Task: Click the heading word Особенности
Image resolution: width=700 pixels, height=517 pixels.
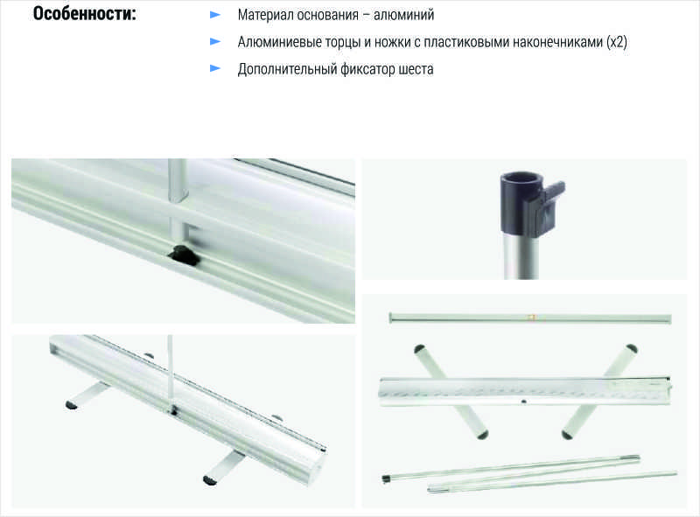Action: pyautogui.click(x=84, y=13)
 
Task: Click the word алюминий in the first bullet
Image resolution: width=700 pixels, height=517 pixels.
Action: pyautogui.click(x=403, y=15)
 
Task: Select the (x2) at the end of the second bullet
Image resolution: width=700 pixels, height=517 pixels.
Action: pyautogui.click(x=617, y=42)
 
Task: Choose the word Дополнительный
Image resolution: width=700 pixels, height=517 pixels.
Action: pyautogui.click(x=287, y=69)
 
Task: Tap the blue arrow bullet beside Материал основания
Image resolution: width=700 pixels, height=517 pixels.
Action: pyautogui.click(x=215, y=15)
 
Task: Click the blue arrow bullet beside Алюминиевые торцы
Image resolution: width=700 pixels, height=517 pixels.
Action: pyautogui.click(x=215, y=41)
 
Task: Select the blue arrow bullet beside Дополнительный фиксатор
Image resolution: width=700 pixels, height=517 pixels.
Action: pyautogui.click(x=215, y=68)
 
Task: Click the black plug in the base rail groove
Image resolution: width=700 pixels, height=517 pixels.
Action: pyautogui.click(x=183, y=255)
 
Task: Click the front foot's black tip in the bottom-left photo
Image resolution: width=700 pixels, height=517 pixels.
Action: pyautogui.click(x=210, y=480)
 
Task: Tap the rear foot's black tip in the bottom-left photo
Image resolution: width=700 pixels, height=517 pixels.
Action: pyautogui.click(x=72, y=405)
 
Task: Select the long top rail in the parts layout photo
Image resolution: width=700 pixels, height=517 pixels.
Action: pyautogui.click(x=530, y=318)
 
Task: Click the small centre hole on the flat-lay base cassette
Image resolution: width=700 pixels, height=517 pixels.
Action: pyautogui.click(x=523, y=402)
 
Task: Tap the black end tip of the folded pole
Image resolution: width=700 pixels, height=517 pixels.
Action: pyautogui.click(x=387, y=479)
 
